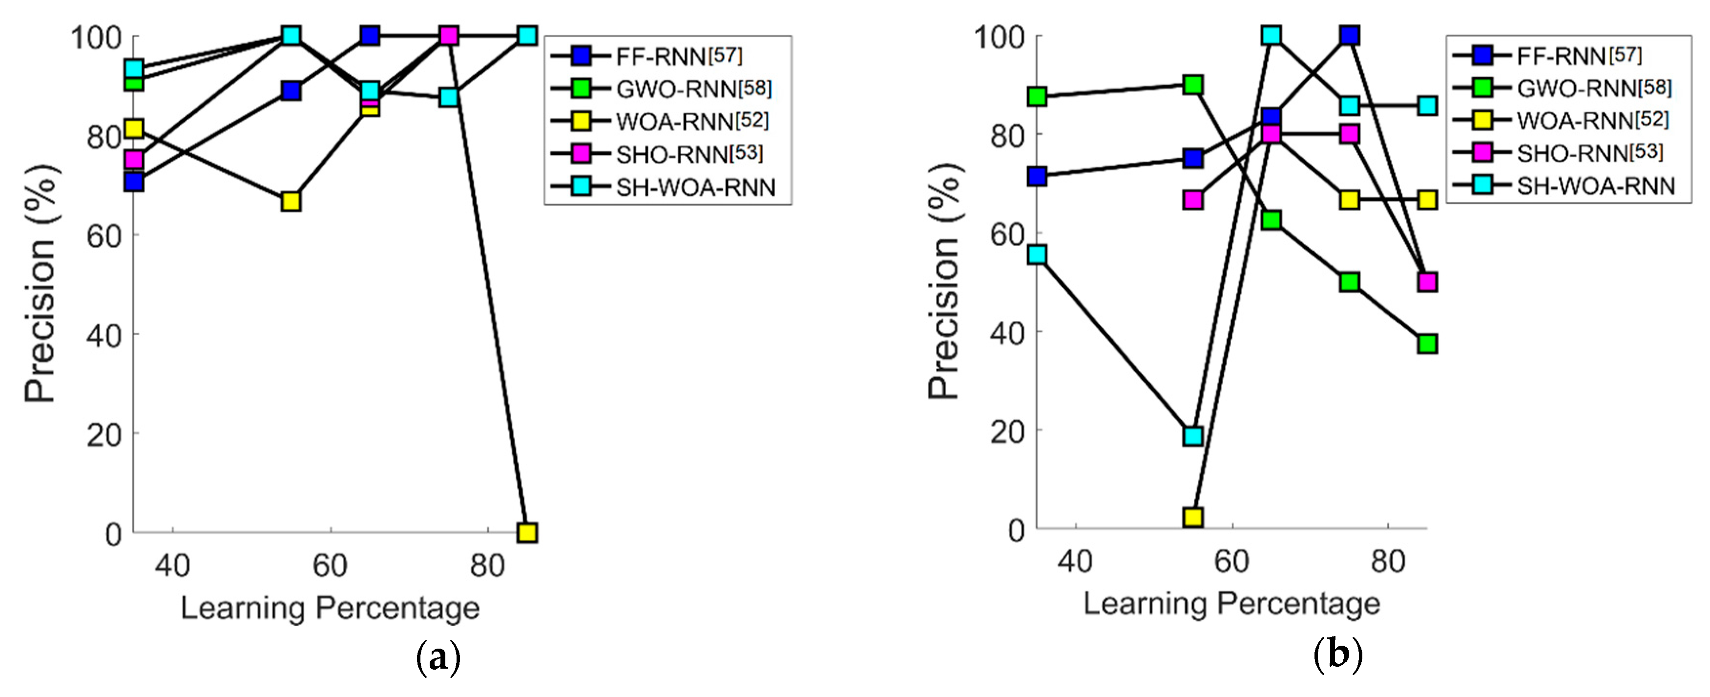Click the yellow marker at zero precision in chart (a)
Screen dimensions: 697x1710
tap(527, 532)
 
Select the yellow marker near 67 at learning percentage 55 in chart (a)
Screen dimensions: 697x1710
tap(291, 201)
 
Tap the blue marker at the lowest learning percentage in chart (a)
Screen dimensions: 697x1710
tap(134, 181)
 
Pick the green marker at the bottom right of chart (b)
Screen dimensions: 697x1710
tap(1427, 343)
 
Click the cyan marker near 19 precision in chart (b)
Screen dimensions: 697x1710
tap(1193, 436)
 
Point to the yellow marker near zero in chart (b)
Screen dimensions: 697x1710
tap(1193, 517)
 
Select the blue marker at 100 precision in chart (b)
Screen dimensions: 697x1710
tap(1349, 35)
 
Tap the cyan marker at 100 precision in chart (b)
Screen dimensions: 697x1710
tap(1271, 35)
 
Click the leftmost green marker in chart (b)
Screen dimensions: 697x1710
tap(1037, 97)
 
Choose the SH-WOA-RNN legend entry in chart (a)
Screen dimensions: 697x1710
tap(695, 188)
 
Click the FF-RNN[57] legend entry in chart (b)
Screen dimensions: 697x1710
tap(1579, 56)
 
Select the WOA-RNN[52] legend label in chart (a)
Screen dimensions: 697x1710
tap(692, 122)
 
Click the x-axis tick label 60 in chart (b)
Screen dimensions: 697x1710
tap(1231, 562)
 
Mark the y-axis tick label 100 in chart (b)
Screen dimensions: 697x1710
tap(999, 37)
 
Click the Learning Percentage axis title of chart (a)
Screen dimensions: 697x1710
tap(330, 608)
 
